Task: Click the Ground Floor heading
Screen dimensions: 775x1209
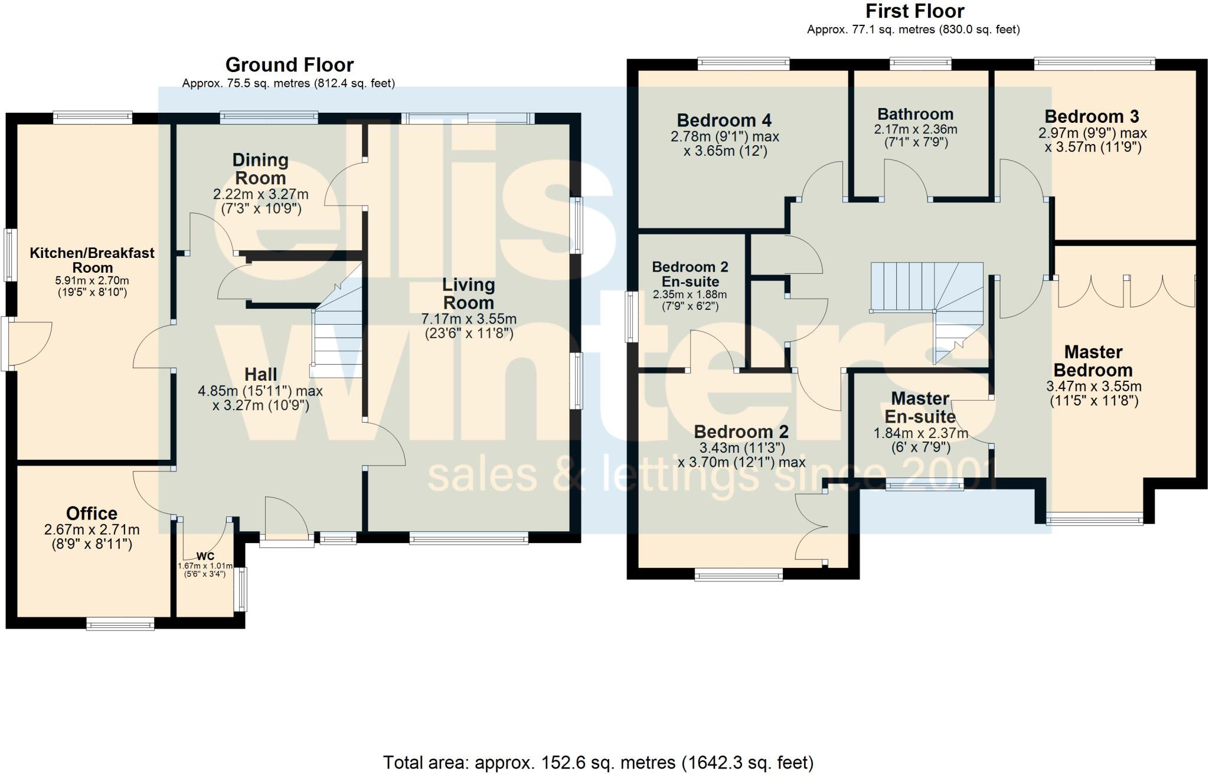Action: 289,65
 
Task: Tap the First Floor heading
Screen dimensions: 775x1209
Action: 914,11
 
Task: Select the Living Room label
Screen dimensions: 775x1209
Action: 468,293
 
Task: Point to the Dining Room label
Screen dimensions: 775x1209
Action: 260,169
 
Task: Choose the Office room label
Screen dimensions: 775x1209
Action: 92,513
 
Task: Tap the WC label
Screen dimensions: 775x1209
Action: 205,557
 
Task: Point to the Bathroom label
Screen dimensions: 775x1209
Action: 915,114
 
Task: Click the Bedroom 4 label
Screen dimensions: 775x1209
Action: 724,120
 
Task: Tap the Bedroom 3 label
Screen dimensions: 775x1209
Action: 1092,116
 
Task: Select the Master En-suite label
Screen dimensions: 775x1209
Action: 920,408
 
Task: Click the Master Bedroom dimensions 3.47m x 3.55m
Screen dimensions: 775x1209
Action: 1093,387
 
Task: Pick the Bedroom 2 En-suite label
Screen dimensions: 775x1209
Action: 690,274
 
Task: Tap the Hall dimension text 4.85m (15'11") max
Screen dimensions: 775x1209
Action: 260,391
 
